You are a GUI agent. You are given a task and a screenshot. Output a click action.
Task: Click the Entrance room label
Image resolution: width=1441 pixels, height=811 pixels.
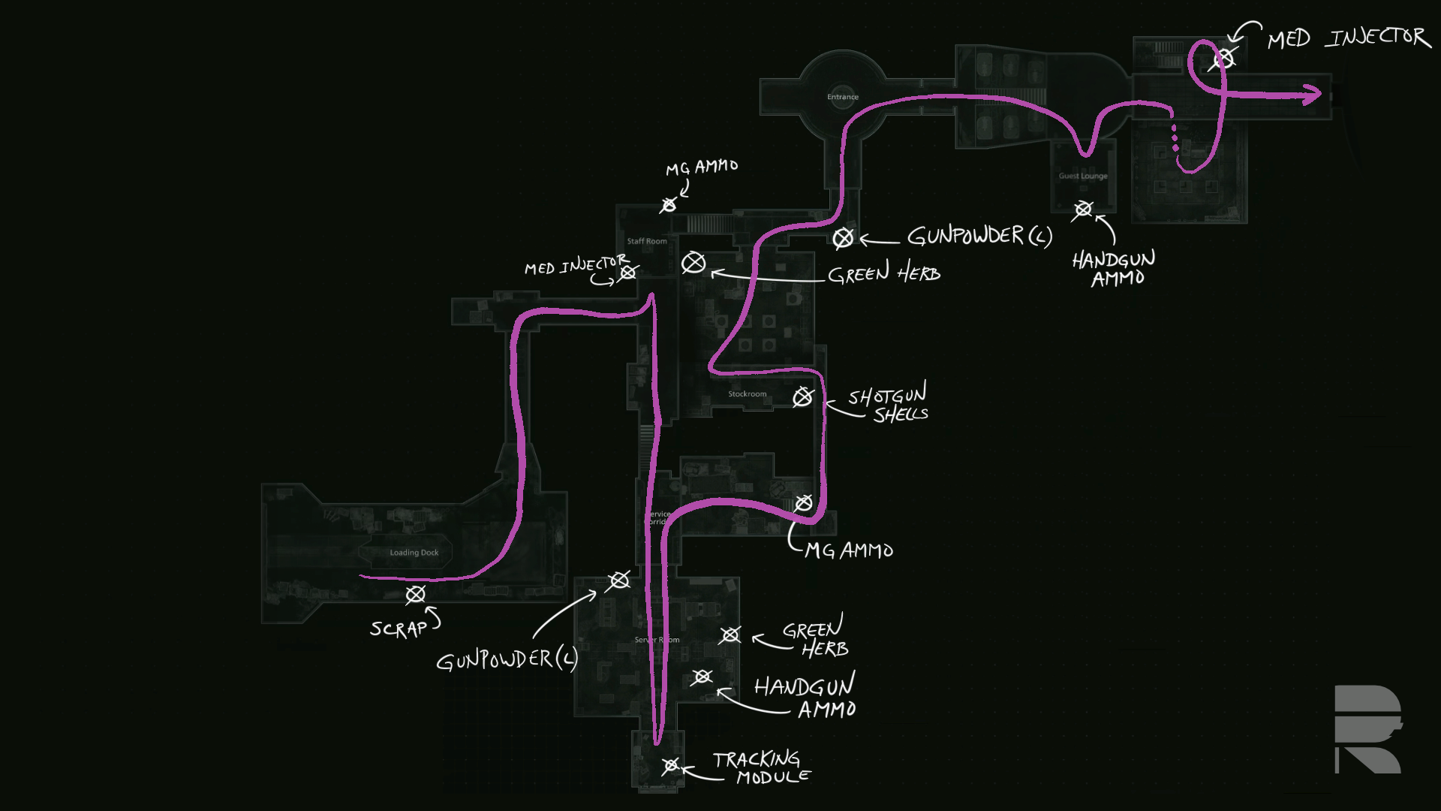(842, 97)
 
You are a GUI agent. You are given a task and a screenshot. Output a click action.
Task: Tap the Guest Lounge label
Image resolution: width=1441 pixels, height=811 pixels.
(1082, 176)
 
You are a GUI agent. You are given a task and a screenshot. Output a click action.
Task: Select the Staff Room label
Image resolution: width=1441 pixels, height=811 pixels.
(646, 242)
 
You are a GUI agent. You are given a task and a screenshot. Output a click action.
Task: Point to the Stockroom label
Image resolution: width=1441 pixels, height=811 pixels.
(747, 394)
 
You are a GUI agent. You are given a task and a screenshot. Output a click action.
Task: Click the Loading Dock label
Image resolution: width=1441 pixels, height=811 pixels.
(414, 553)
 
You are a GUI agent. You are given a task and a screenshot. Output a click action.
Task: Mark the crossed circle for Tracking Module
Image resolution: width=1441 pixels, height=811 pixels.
(670, 766)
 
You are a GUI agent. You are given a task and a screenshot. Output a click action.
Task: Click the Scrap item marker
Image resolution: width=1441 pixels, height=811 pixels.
(415, 595)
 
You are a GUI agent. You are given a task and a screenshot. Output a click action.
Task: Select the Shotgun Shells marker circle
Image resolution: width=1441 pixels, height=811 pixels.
(802, 396)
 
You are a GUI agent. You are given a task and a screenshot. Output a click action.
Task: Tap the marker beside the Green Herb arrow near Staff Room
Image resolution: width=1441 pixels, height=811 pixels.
(693, 263)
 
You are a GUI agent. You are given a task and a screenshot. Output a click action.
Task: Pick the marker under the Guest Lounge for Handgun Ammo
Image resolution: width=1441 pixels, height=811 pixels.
(1082, 209)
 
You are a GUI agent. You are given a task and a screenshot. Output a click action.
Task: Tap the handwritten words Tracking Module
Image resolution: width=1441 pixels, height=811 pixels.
(760, 768)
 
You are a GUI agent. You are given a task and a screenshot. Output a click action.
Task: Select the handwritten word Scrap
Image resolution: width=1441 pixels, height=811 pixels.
(399, 628)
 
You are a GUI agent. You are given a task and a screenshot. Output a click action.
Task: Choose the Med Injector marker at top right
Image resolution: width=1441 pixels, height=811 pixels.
(1223, 58)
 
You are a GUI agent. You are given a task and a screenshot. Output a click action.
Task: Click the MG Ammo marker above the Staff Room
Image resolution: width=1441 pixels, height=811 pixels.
(669, 204)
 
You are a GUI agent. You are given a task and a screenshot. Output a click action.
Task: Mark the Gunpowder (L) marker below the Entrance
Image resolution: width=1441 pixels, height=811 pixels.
(843, 238)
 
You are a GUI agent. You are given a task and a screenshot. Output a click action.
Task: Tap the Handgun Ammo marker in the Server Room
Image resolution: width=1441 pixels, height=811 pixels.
(702, 677)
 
